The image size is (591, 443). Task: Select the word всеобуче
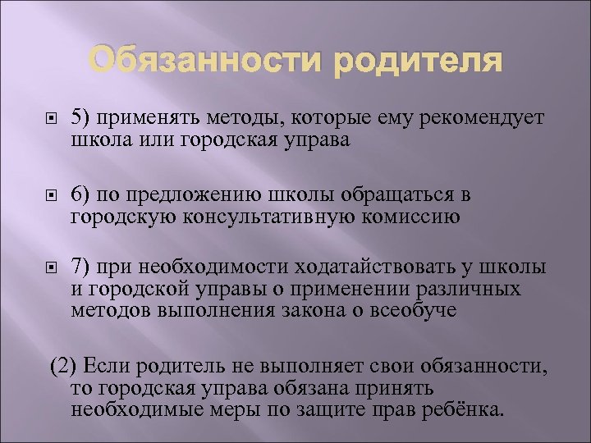(415, 310)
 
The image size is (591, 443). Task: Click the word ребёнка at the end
(467, 408)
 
